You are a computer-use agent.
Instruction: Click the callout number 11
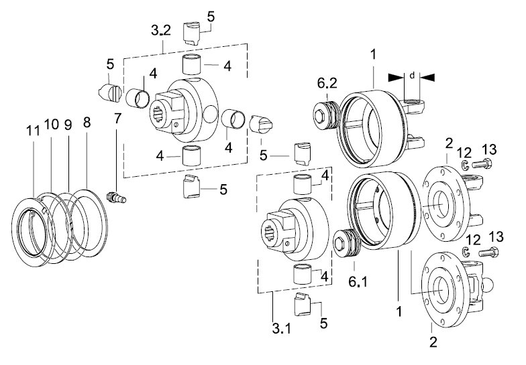(33, 131)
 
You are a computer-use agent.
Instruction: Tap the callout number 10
(51, 125)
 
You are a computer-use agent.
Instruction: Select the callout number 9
(68, 125)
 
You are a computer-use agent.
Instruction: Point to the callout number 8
(87, 123)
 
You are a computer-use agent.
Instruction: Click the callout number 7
(117, 119)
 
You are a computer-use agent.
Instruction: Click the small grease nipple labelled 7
(116, 197)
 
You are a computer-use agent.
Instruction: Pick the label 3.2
(161, 30)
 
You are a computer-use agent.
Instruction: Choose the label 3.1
(281, 329)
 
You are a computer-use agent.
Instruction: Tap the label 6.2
(327, 83)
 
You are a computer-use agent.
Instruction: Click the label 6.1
(358, 281)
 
